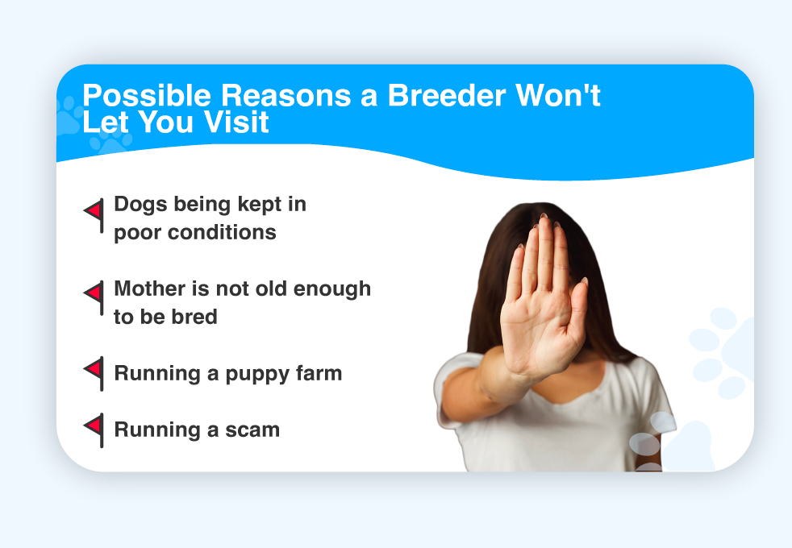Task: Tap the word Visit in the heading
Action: [236, 122]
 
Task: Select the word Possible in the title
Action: [147, 96]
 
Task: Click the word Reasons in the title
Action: [286, 95]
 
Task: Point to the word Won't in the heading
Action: [557, 95]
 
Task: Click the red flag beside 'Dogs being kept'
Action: [94, 214]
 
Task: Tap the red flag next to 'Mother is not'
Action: [94, 297]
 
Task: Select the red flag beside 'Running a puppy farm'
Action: [94, 373]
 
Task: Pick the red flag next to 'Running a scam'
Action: [94, 430]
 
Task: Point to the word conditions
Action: [222, 232]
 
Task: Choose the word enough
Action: [331, 289]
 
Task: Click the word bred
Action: [194, 317]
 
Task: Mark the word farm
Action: [319, 373]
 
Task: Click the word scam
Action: [252, 430]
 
